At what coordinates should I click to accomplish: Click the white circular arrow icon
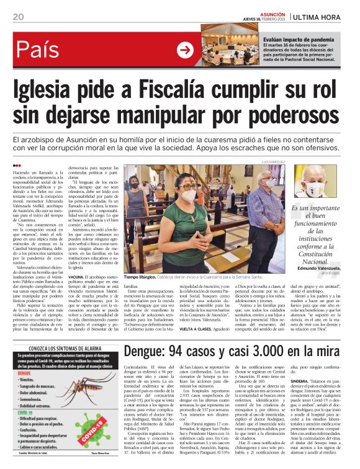coord(185,50)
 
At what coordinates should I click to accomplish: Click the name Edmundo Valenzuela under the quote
coord(317,267)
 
